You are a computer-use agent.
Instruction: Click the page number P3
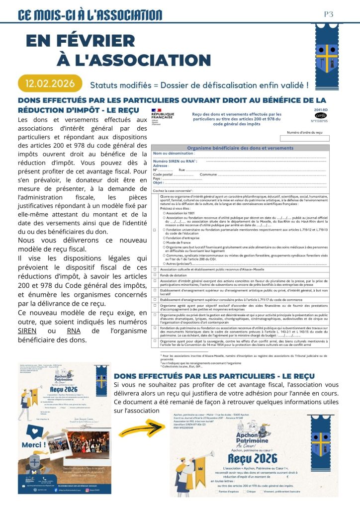328,14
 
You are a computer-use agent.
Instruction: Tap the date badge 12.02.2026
49,83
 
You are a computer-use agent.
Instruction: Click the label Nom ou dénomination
167,153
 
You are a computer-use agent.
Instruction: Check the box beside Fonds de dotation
155,275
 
